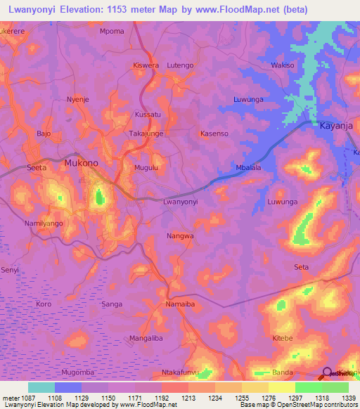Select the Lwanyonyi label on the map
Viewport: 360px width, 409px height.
click(x=180, y=202)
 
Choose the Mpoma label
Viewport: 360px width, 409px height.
click(x=112, y=32)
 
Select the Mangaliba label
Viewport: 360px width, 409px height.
click(x=146, y=338)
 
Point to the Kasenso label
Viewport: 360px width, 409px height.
click(x=214, y=134)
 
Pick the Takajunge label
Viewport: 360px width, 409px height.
click(x=146, y=134)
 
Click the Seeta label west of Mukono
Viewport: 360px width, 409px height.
click(x=37, y=168)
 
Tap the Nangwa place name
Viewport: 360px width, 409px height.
click(x=180, y=236)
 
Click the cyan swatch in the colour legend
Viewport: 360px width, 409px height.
click(x=41, y=387)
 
